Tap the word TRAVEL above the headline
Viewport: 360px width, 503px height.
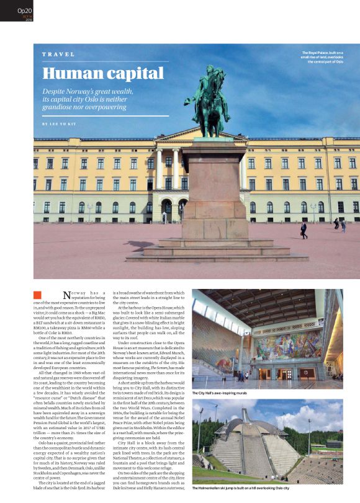tap(58, 55)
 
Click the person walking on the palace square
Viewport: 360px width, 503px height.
tap(304, 230)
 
